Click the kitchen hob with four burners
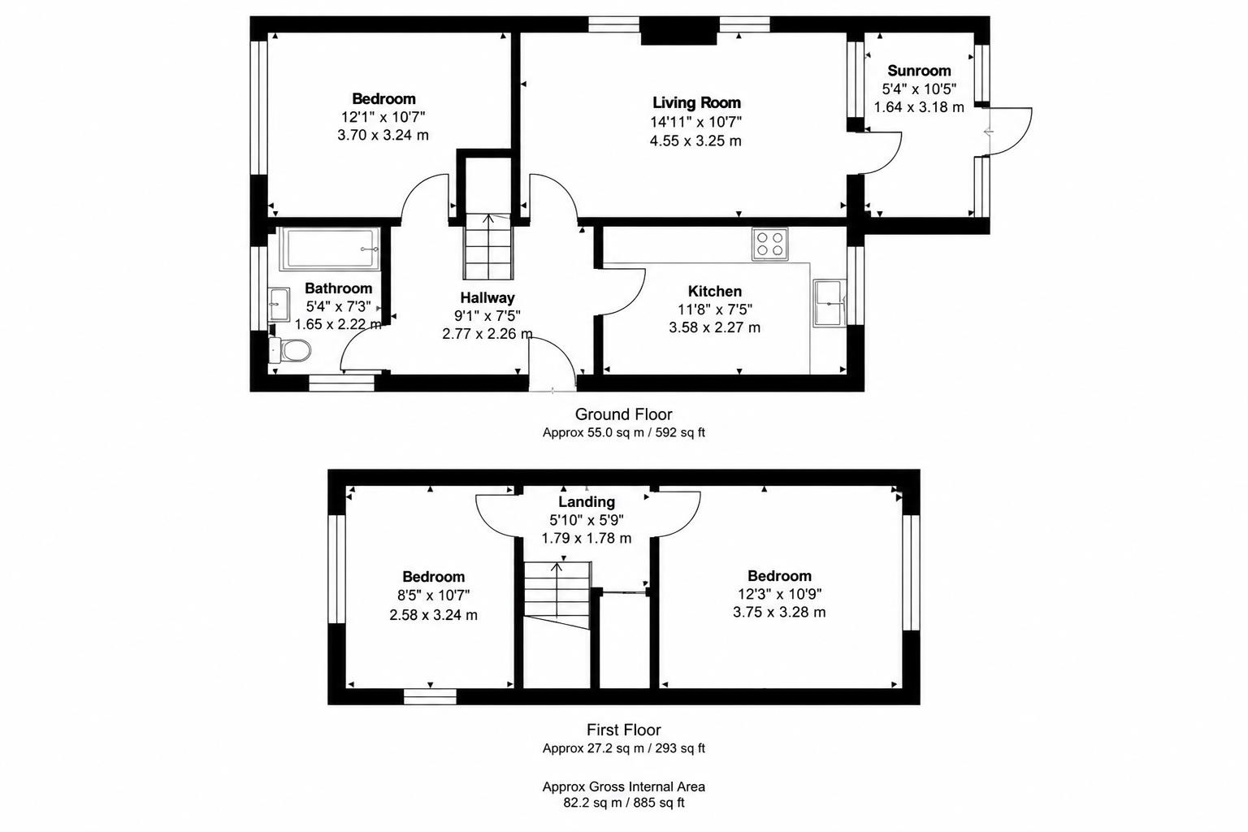tap(770, 244)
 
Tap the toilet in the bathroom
tap(290, 350)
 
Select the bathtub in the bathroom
tap(330, 249)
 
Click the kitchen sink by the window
tap(830, 303)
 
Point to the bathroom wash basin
tap(279, 304)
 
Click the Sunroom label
tap(919, 71)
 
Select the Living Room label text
tap(696, 102)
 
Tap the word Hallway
tap(487, 297)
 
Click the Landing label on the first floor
tap(587, 501)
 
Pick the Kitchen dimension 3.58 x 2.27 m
tap(714, 327)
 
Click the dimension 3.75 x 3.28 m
tap(779, 612)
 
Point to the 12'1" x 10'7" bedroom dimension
tap(383, 117)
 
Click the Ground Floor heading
tap(623, 414)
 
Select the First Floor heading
tap(623, 730)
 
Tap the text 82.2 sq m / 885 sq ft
tap(623, 803)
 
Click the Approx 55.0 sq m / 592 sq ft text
tap(623, 432)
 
